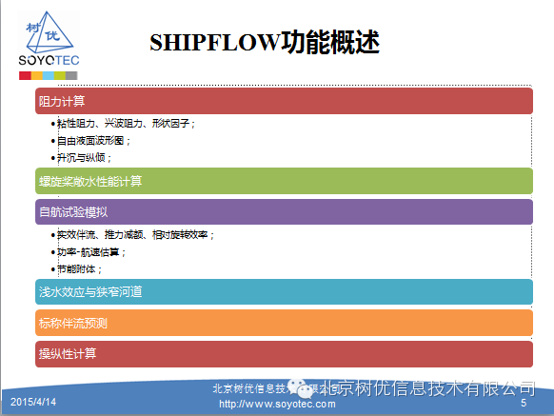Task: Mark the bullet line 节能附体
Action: tap(81, 269)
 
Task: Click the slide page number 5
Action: tap(523, 405)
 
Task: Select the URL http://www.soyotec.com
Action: tap(277, 404)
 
